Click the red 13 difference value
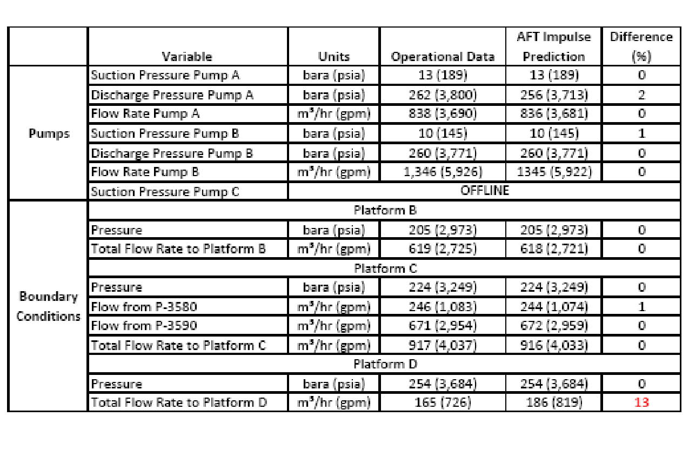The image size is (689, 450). click(641, 402)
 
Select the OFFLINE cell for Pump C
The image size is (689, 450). click(484, 191)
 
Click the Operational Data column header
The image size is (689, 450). click(443, 57)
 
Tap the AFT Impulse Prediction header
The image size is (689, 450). click(554, 47)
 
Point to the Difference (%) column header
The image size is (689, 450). click(641, 47)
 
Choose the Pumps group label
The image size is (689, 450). click(49, 133)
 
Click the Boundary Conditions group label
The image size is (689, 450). click(49, 306)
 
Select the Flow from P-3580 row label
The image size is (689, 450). click(144, 307)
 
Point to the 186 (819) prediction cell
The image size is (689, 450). click(554, 402)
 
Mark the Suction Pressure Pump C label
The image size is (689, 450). click(165, 192)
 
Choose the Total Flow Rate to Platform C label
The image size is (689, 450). click(178, 345)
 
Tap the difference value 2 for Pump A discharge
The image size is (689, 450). click(641, 95)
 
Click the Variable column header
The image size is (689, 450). click(187, 57)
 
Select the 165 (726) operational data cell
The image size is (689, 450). click(443, 402)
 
